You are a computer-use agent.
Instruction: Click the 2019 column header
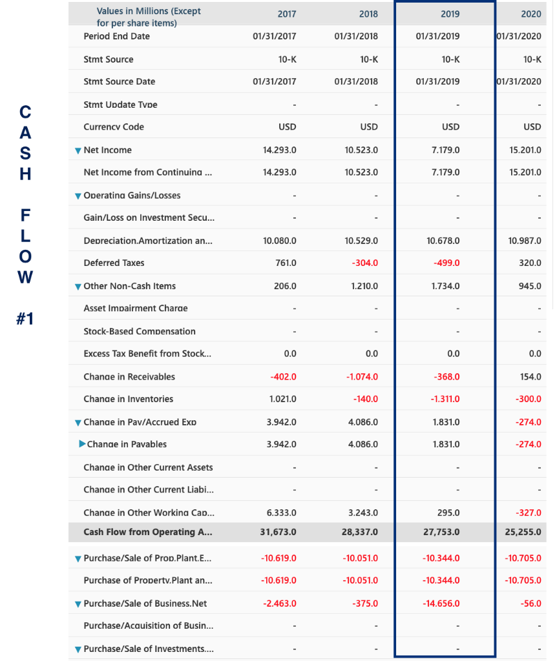coord(450,14)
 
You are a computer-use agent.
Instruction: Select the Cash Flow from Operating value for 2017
coord(278,533)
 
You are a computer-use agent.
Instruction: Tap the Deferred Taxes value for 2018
coord(364,263)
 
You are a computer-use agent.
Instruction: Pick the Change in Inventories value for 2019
coord(445,400)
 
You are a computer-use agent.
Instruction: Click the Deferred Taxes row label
coord(114,263)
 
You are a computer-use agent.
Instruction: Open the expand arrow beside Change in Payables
coord(81,444)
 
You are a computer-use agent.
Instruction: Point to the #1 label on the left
coord(25,320)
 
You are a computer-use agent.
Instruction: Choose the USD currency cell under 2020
coord(532,127)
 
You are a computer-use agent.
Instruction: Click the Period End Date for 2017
coord(275,36)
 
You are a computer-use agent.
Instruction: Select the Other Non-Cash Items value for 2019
coord(445,286)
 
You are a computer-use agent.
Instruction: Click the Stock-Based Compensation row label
coord(139,332)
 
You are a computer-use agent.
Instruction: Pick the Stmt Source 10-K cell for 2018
coord(368,59)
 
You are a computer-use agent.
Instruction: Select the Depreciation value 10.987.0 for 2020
coord(524,241)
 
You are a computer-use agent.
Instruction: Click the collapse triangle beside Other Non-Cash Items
coord(78,287)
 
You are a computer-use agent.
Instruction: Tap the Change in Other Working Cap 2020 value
coord(529,513)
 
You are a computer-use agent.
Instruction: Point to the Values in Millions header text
coord(148,17)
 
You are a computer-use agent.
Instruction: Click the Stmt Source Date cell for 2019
coord(437,81)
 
